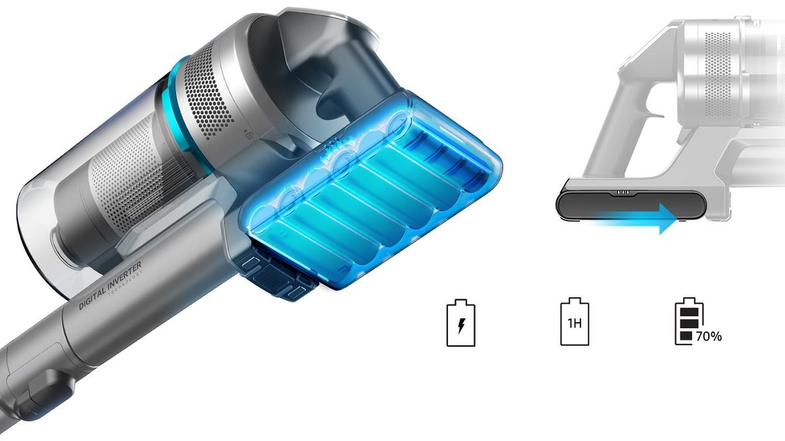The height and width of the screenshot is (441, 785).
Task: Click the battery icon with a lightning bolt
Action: click(x=460, y=323)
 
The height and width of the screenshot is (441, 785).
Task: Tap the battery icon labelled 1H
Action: click(x=574, y=322)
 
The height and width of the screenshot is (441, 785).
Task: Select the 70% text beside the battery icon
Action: click(x=709, y=337)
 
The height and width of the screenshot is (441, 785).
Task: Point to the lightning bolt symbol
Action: click(x=461, y=326)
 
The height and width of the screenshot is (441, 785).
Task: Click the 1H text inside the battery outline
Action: click(x=574, y=323)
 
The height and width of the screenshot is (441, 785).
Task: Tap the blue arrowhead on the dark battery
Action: click(x=669, y=219)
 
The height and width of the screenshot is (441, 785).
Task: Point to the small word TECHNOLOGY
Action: click(x=125, y=285)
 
